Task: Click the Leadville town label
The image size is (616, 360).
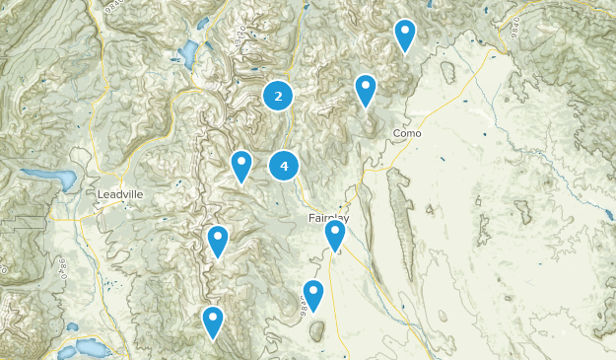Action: [x=120, y=194]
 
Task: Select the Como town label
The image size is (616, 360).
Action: [x=407, y=133]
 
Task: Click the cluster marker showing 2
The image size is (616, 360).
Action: [x=279, y=96]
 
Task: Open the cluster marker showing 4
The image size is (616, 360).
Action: [x=284, y=167]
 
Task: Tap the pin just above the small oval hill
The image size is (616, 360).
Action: [x=313, y=295]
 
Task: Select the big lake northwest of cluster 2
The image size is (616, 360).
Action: [x=187, y=53]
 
